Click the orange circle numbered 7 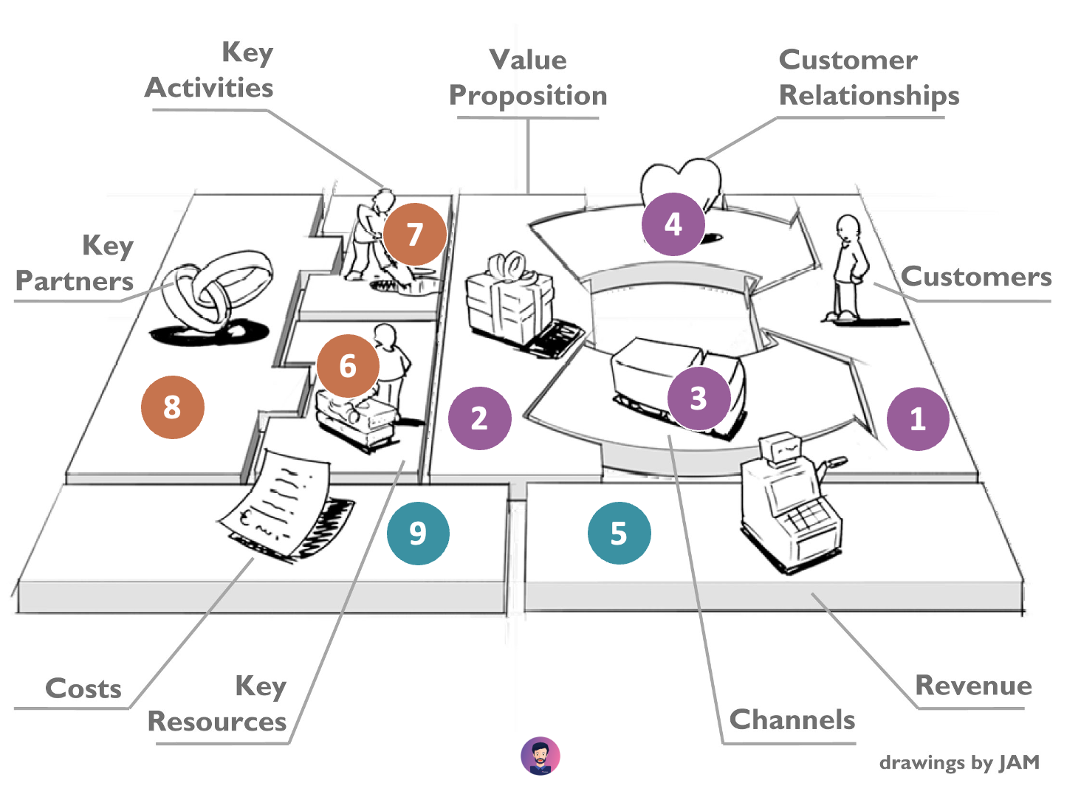(x=415, y=234)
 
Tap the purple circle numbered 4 (x=673, y=224)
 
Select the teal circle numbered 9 (x=418, y=533)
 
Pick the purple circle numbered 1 (x=918, y=418)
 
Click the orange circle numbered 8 (x=172, y=407)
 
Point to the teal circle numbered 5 (x=619, y=533)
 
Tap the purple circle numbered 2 (x=479, y=418)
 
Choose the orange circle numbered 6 (x=348, y=365)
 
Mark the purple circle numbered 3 (x=699, y=398)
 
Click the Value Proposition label (x=528, y=78)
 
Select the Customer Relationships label (x=868, y=78)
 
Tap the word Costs (x=83, y=689)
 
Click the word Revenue (x=973, y=686)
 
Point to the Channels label (x=792, y=720)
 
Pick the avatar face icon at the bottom (x=540, y=756)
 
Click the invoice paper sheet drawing (x=277, y=502)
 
